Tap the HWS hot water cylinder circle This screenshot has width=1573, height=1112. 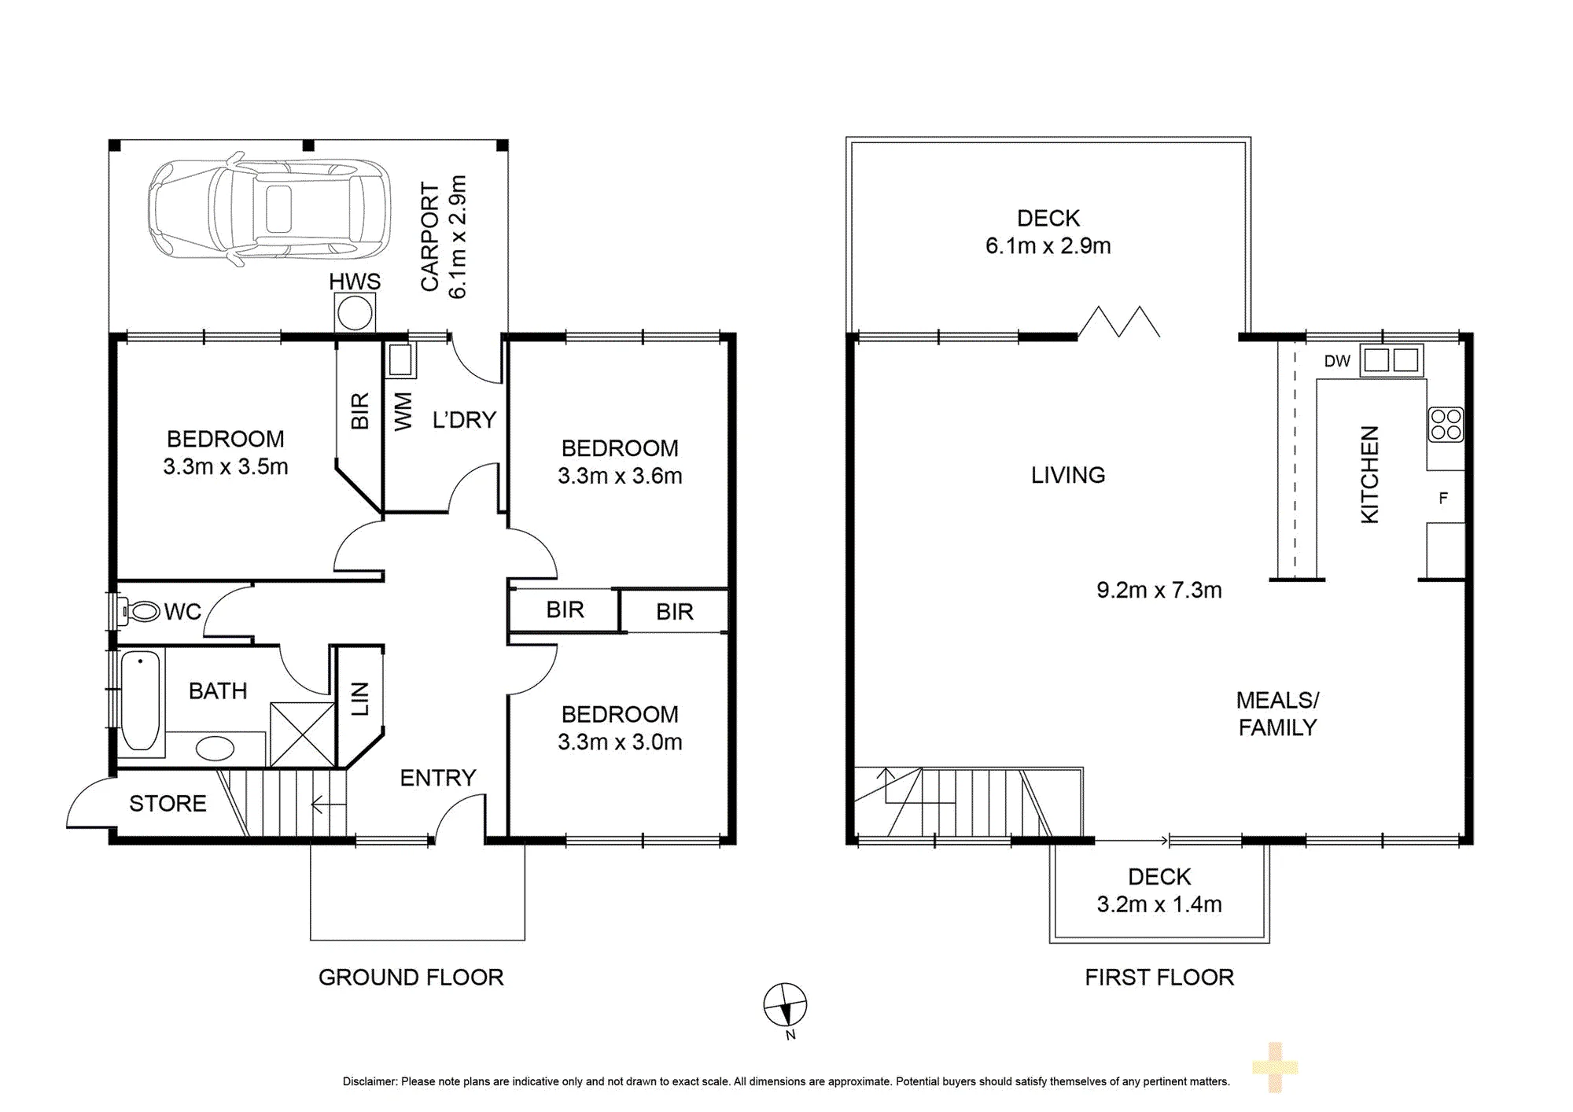(355, 314)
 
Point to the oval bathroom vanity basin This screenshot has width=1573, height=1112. (215, 747)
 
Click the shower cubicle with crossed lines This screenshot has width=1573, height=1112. (302, 735)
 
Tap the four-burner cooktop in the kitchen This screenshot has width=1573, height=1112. (1446, 425)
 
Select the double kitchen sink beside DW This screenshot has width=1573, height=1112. (1391, 360)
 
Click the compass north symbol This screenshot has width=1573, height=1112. (785, 1005)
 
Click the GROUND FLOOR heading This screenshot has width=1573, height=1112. (411, 978)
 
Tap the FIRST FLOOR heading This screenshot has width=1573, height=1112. (1159, 978)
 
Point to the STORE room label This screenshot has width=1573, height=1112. (168, 804)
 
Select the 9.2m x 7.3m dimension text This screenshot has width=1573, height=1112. (1159, 590)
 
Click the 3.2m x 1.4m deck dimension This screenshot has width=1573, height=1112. (1159, 904)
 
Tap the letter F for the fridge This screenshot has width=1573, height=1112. (1443, 498)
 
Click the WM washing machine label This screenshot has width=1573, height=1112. (403, 411)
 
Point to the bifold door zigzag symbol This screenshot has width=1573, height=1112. (1118, 322)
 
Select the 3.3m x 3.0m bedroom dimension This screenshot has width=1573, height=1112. (620, 742)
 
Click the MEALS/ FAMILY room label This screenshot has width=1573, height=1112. (1277, 714)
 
